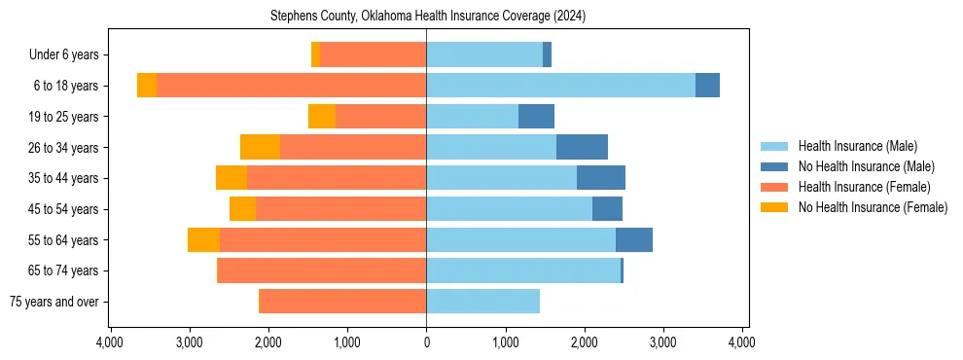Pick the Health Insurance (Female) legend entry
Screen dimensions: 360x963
click(x=864, y=187)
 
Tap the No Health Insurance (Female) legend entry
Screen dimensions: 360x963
click(x=873, y=207)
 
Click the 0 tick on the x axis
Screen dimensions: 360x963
click(x=426, y=342)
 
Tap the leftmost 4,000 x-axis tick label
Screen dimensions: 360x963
click(x=110, y=342)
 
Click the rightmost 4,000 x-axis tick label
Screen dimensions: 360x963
click(x=742, y=342)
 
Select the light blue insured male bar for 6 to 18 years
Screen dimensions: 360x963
click(x=560, y=86)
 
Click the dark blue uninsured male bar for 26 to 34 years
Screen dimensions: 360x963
click(x=582, y=147)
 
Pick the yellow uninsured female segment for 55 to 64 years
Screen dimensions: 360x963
click(x=203, y=239)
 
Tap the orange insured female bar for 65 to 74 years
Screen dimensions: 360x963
click(x=322, y=270)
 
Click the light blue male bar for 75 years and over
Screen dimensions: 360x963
click(x=482, y=302)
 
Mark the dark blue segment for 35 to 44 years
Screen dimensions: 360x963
click(x=601, y=178)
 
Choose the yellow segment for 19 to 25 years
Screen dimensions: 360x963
click(x=322, y=117)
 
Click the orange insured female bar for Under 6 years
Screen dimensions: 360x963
click(x=374, y=55)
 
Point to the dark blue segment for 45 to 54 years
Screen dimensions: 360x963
click(x=607, y=208)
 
